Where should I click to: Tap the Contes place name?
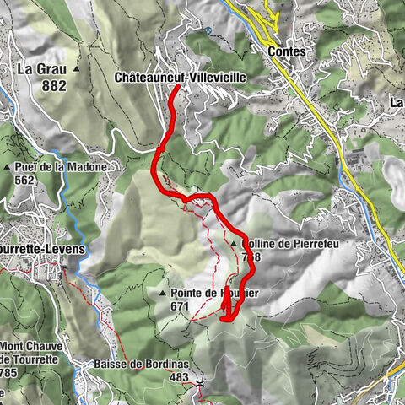(x=286, y=51)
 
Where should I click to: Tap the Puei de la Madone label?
(x=61, y=167)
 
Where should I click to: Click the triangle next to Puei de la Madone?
(x=8, y=167)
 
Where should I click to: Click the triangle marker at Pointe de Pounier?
(x=163, y=293)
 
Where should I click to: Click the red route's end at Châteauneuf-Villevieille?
(x=175, y=88)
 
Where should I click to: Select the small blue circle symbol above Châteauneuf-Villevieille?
(x=208, y=31)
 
